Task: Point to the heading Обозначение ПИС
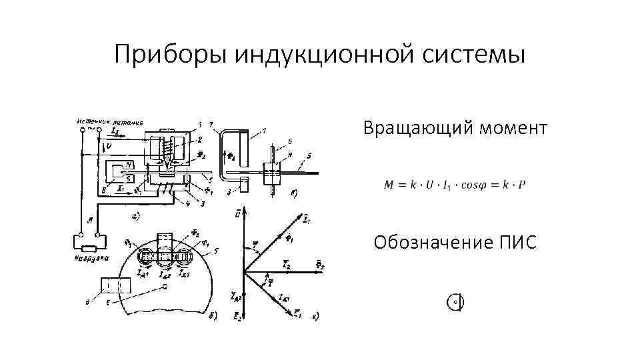pos(455,242)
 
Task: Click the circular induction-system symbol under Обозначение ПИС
pos(455,302)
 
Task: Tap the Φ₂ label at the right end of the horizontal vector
pos(320,265)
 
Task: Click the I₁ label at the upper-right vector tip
pos(305,218)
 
